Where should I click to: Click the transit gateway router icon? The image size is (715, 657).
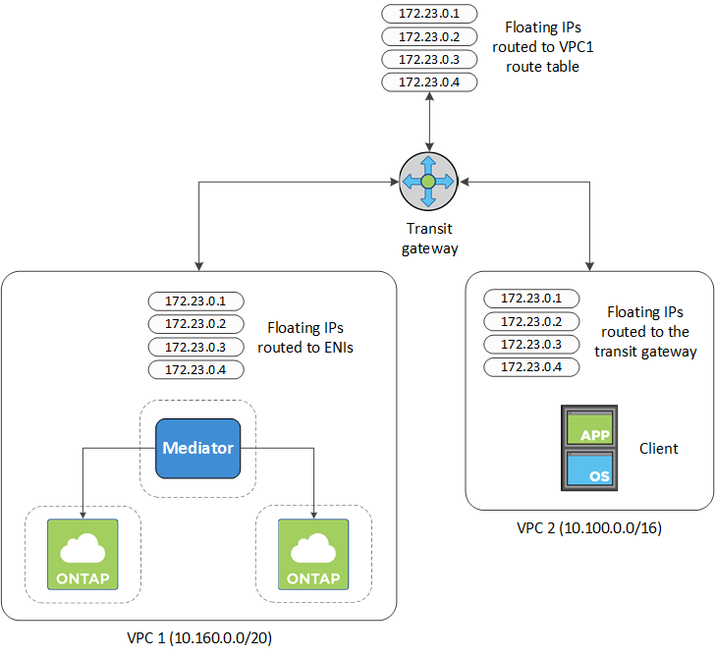click(x=429, y=182)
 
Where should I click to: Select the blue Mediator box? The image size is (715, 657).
click(x=197, y=448)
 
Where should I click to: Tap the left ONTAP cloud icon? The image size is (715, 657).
click(x=82, y=554)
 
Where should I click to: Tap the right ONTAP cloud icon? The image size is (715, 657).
click(x=312, y=554)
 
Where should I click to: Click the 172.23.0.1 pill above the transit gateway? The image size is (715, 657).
click(x=429, y=14)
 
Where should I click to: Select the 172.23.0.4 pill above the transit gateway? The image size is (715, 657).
click(x=429, y=82)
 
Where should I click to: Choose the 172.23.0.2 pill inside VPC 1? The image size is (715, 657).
click(x=196, y=324)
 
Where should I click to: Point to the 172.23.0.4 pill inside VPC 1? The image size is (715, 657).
click(x=196, y=369)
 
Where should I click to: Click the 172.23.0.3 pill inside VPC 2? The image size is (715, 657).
click(x=531, y=344)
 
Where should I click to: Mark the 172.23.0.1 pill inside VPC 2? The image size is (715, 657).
click(x=531, y=298)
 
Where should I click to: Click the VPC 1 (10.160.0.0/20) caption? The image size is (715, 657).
click(x=198, y=637)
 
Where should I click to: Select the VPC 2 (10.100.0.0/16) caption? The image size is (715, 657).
click(x=589, y=527)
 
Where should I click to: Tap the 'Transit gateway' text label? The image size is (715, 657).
click(x=429, y=240)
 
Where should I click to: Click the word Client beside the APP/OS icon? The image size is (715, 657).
click(x=658, y=448)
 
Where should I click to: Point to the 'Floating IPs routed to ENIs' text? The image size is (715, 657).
click(x=304, y=337)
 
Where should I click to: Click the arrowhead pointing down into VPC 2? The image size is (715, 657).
click(x=590, y=265)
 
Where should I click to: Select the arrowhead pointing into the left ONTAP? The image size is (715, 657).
click(x=82, y=513)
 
